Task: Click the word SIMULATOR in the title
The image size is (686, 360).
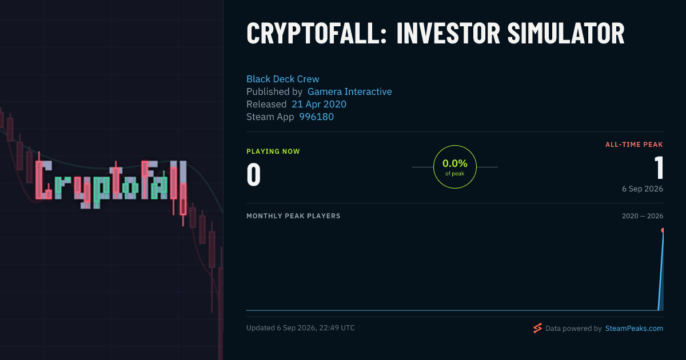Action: (x=566, y=33)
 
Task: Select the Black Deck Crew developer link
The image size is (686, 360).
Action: (x=282, y=79)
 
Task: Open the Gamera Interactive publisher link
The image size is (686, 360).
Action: (x=349, y=91)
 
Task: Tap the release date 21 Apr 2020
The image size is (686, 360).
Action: (x=319, y=104)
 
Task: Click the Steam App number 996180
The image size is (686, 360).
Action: (x=316, y=117)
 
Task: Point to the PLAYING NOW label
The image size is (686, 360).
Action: (x=273, y=151)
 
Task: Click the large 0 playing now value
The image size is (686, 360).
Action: (x=254, y=174)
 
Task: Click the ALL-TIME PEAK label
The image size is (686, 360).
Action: (x=634, y=145)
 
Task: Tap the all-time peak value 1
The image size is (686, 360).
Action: (x=659, y=167)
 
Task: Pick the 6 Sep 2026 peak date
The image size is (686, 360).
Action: (x=643, y=189)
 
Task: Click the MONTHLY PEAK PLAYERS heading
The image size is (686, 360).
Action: (x=293, y=216)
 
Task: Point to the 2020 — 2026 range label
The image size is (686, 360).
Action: (x=643, y=216)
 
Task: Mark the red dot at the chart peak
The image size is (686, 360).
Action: (x=663, y=230)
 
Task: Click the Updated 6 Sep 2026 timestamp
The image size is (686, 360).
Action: (x=301, y=328)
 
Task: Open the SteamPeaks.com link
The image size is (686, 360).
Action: (x=634, y=328)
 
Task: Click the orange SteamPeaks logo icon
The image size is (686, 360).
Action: (x=537, y=328)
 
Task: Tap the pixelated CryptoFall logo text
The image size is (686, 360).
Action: (x=110, y=183)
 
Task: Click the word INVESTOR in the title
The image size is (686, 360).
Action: (x=448, y=33)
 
